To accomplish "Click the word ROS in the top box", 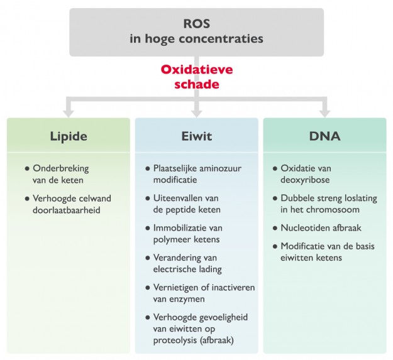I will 196,24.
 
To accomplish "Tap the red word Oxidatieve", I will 197,70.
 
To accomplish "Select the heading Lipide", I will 69,136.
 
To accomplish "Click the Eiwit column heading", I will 196,136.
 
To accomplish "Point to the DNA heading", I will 325,136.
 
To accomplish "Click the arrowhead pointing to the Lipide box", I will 69,112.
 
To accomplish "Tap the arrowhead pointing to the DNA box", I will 325,112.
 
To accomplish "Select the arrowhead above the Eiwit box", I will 197,112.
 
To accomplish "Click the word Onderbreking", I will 61,168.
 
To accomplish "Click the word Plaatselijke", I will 180,168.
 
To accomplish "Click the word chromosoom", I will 332,209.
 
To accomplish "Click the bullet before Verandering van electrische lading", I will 147,258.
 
